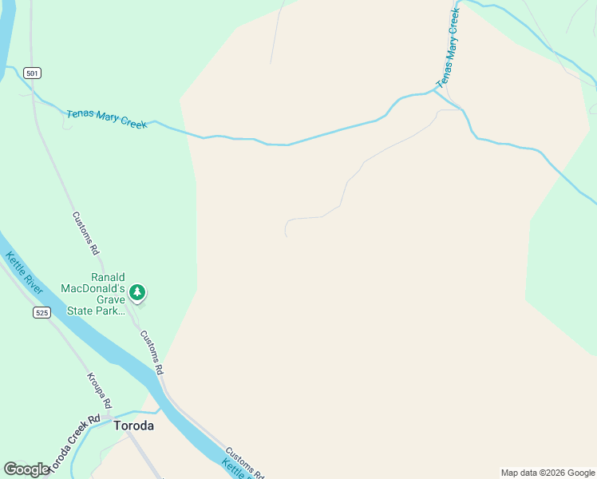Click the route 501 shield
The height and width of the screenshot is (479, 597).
tap(33, 73)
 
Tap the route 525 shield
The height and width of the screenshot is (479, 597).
tap(42, 312)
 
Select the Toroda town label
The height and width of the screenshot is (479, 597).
tap(133, 426)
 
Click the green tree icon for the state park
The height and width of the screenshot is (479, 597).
tap(138, 292)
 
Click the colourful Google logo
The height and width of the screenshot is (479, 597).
tap(26, 469)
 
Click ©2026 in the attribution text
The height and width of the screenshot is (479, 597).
tap(554, 473)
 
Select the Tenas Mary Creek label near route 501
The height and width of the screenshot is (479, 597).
tap(107, 118)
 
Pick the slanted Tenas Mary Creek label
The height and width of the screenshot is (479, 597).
tap(449, 49)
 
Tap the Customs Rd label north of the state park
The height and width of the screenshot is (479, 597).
tap(85, 233)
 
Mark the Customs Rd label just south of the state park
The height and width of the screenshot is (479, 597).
tap(152, 353)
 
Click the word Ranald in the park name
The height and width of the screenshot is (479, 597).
tap(108, 277)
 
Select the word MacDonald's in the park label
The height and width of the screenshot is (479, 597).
tap(95, 288)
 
